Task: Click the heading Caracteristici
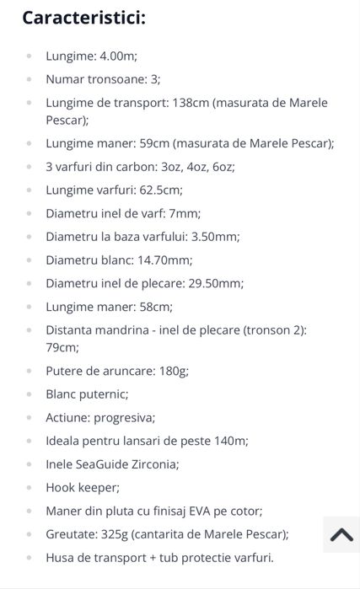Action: point(83,17)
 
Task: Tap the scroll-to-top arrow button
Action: point(341,536)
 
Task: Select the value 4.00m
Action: point(118,56)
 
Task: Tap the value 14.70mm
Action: point(163,260)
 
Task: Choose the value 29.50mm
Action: point(215,283)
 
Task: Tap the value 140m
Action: point(228,440)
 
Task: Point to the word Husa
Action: point(62,557)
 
